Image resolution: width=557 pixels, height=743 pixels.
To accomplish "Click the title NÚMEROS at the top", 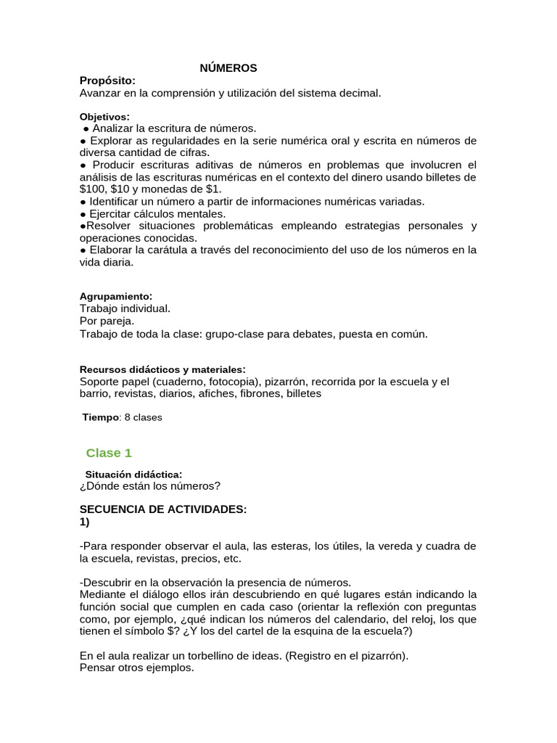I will click(228, 68).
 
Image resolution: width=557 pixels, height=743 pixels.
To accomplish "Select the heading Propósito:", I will click(107, 81).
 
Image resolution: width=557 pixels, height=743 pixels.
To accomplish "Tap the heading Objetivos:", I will click(104, 116).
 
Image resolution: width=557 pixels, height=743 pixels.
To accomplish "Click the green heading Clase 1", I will click(109, 453).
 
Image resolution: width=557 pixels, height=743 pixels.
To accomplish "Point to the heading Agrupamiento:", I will click(115, 296).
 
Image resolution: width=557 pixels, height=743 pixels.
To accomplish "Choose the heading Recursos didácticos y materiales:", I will click(162, 369).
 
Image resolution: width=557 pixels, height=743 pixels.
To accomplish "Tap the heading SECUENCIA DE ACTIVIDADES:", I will click(163, 509).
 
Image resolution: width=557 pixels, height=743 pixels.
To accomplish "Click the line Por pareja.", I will click(107, 321).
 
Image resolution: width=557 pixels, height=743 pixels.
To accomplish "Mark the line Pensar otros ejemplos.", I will click(137, 668).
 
